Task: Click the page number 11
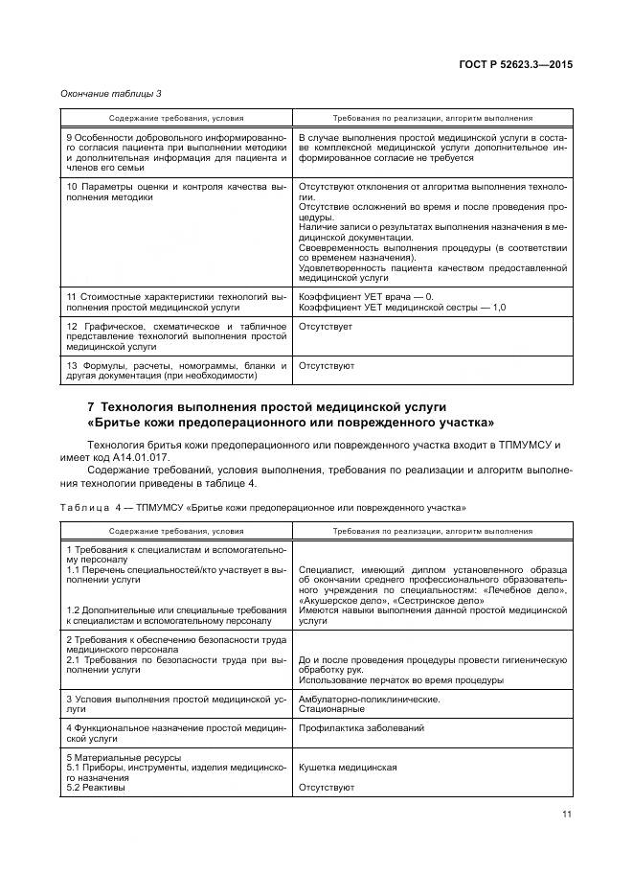(566, 816)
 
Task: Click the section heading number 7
(91, 407)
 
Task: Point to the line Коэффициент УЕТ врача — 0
(366, 297)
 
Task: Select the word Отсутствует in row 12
(326, 327)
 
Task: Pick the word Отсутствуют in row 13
(327, 365)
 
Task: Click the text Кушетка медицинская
(348, 768)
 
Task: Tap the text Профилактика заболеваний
(361, 727)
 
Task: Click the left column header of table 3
(176, 118)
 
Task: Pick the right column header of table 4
(432, 530)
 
